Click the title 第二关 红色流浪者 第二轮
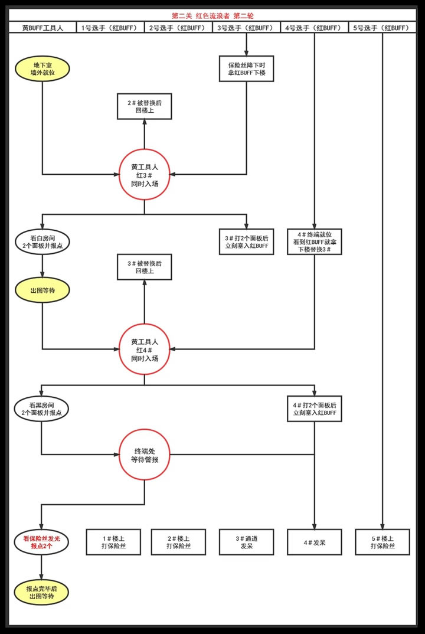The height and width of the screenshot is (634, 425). click(x=212, y=16)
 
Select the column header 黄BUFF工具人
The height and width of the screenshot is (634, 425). click(x=42, y=28)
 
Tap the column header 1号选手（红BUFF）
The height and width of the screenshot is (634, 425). click(x=110, y=28)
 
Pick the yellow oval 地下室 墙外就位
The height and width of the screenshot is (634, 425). click(x=42, y=68)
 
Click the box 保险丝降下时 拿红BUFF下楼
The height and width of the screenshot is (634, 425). click(x=246, y=68)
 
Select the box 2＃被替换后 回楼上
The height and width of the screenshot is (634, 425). click(x=144, y=106)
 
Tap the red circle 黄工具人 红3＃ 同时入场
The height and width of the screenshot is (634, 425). click(x=144, y=175)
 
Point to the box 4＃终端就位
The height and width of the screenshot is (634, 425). click(x=314, y=241)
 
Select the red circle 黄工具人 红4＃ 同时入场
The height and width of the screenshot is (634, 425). click(x=144, y=349)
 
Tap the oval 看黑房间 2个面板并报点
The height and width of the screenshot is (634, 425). click(x=42, y=408)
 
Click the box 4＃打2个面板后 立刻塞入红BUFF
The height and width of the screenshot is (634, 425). click(x=314, y=408)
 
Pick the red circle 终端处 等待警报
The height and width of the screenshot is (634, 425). click(x=144, y=455)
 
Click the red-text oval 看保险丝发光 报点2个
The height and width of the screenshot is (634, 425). click(x=42, y=541)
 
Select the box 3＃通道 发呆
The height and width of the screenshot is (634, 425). click(x=246, y=541)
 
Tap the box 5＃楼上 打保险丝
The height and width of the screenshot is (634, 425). click(x=382, y=541)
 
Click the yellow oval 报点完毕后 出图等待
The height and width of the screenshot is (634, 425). click(x=42, y=592)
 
